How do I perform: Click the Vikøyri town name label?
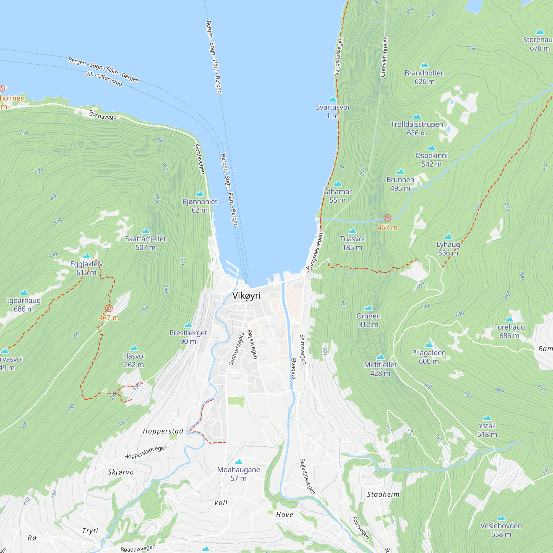point(246,295)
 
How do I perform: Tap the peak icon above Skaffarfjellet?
point(145,231)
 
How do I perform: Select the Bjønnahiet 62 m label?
point(200,205)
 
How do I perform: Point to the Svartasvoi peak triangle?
point(332,99)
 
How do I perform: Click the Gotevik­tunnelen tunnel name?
point(384,56)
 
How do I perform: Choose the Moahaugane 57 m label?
point(238,474)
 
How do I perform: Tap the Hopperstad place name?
point(163,431)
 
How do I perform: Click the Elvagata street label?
point(293,368)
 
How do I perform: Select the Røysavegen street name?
point(252,344)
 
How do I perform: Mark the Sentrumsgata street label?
point(236,349)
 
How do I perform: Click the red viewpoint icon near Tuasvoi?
point(387,218)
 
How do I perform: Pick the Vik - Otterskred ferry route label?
point(104,79)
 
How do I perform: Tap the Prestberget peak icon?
point(188,325)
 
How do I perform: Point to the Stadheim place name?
point(383,494)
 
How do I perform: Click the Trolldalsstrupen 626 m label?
point(417,129)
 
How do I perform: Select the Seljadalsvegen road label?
point(307,476)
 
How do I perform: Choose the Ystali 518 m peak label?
point(487,430)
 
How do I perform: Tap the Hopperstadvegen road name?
point(145,452)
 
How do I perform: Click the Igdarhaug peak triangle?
point(24,293)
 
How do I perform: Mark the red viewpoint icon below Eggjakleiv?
point(109,308)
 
